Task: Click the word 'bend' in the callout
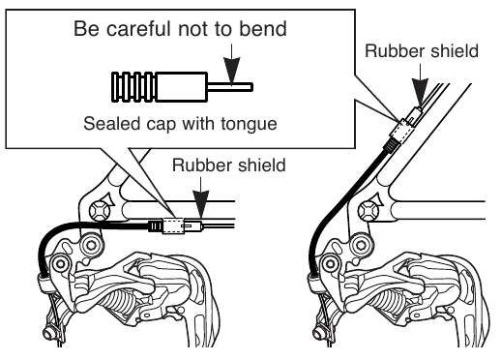[x=263, y=28]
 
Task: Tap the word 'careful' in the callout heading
[x=138, y=28]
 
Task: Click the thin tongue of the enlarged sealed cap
[x=230, y=87]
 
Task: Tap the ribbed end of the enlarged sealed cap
[x=133, y=87]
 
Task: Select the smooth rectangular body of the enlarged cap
[x=181, y=87]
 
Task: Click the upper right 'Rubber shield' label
[x=422, y=51]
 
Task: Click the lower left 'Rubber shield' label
[x=229, y=165]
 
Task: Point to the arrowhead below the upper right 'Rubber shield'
[x=420, y=91]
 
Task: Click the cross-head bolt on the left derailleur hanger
[x=100, y=212]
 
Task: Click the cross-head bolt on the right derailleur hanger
[x=368, y=212]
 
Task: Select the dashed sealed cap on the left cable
[x=173, y=225]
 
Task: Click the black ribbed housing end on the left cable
[x=156, y=225]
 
